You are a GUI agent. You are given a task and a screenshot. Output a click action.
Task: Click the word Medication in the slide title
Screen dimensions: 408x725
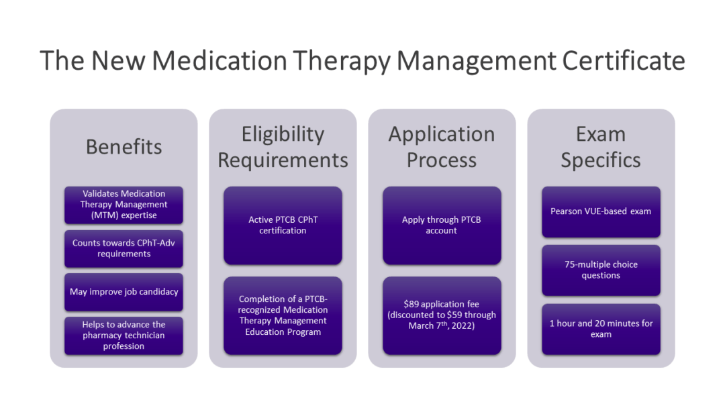(x=218, y=60)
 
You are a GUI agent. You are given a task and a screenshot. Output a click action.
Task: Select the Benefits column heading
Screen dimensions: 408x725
(x=124, y=146)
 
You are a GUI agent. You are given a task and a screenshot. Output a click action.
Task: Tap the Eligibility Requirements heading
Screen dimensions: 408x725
(x=283, y=147)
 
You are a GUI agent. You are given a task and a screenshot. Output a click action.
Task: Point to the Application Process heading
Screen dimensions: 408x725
(x=442, y=147)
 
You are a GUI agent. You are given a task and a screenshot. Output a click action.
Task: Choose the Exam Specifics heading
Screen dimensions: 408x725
(x=601, y=147)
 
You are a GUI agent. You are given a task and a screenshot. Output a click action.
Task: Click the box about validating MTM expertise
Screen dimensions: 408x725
(x=124, y=205)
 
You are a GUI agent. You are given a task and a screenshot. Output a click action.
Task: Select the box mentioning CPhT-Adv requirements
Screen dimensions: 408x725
(x=124, y=248)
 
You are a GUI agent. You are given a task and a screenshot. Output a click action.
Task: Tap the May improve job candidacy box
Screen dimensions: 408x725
(x=124, y=292)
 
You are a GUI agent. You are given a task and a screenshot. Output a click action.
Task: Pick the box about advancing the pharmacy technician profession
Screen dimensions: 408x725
(x=124, y=336)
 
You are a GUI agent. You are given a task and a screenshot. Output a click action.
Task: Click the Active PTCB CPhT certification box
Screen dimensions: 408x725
(x=283, y=225)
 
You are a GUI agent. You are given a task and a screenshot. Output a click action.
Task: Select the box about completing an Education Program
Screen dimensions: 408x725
(x=283, y=315)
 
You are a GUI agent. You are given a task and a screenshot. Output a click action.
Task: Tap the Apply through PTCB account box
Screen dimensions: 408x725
(x=442, y=225)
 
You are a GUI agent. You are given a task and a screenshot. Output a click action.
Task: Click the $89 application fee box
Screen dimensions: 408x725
(x=442, y=315)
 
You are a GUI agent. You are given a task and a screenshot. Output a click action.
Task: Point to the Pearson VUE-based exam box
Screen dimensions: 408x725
(x=601, y=211)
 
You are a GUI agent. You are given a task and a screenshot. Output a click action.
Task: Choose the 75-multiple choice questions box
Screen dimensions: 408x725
(x=601, y=270)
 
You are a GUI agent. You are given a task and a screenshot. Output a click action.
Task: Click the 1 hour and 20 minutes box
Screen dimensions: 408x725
(x=601, y=329)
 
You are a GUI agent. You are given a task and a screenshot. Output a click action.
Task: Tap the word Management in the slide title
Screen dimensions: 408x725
(x=476, y=60)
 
